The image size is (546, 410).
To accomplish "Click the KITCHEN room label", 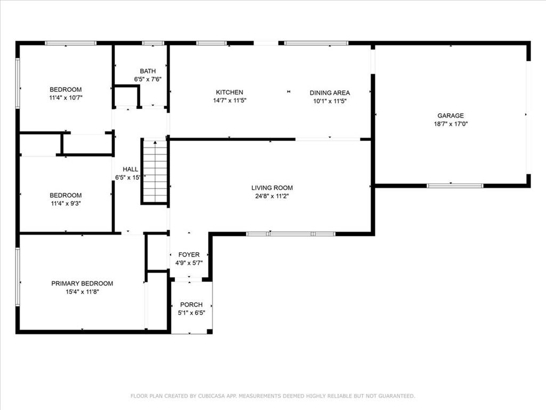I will pos(229,92).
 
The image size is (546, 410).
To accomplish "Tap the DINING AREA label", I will pos(330,93).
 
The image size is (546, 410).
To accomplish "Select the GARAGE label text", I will pos(451,115).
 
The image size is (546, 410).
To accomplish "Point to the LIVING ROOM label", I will pos(272,187).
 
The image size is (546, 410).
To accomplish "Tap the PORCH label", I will pos(191,305).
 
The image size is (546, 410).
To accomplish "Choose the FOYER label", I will pos(189,255).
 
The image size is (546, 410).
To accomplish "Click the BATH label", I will pos(148,71).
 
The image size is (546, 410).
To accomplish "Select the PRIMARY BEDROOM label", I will pos(82,283).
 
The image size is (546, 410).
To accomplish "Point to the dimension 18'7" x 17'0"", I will pos(451,124).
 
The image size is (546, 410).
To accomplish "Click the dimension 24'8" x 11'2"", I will pos(272,196).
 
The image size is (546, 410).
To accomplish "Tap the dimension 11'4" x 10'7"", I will pos(66,98).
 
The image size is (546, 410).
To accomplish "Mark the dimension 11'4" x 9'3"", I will pos(66,203).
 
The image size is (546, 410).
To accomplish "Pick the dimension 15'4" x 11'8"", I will pos(82,291).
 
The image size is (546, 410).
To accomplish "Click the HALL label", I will pos(131,169).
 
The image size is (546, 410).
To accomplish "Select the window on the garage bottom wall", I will pos(455,186).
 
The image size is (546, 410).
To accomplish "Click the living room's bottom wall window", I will pos(291,234).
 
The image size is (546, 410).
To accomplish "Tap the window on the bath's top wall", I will pos(152,43).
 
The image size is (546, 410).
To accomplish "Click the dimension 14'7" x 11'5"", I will pos(229,100).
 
